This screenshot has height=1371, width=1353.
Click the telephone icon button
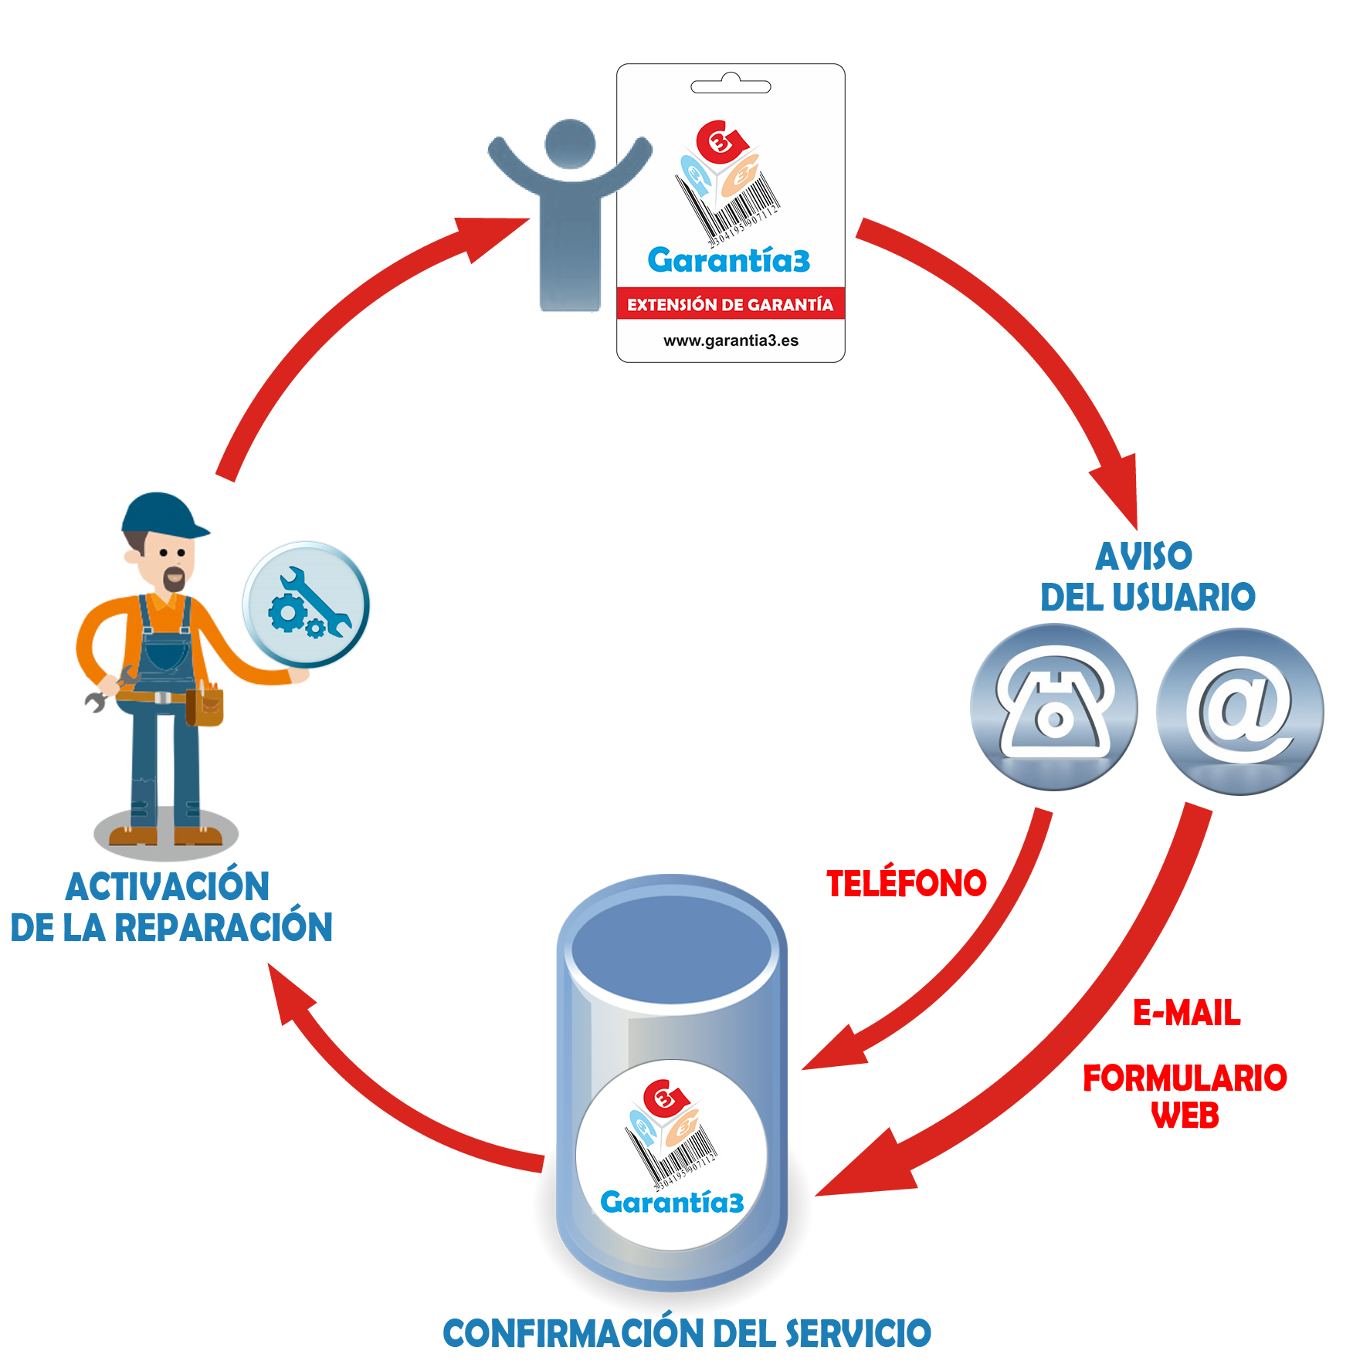[x=1053, y=707]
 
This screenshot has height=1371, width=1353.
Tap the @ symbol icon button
[x=1240, y=712]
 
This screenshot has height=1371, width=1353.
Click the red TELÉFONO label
[x=907, y=883]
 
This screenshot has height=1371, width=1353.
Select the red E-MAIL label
[x=1186, y=1012]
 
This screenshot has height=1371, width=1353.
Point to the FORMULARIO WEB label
[x=1185, y=1096]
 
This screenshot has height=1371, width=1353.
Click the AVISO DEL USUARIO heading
[x=1148, y=577]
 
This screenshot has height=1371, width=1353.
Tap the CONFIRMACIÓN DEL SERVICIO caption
[x=687, y=1333]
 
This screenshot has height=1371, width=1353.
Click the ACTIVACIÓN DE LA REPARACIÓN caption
[x=171, y=906]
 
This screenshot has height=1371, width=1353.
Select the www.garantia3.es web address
[x=731, y=340]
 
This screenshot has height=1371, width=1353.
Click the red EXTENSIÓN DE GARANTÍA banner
[x=731, y=303]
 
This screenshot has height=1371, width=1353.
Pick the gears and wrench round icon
[x=307, y=604]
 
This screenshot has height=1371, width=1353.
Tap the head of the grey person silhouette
[x=570, y=144]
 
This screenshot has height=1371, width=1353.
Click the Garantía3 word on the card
[x=729, y=260]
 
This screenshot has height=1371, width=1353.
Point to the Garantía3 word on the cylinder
[x=672, y=1202]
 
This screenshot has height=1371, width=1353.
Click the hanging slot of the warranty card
[x=731, y=85]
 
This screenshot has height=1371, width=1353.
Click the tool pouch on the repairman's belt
[x=205, y=706]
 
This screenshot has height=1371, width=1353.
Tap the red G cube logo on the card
[x=721, y=139]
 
